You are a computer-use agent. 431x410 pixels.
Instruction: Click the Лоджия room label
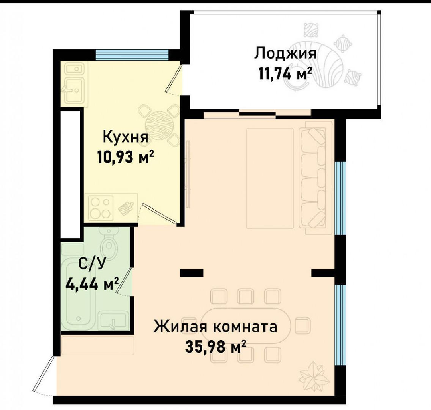pyautogui.click(x=285, y=53)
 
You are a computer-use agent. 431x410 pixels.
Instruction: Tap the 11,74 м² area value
pyautogui.click(x=285, y=73)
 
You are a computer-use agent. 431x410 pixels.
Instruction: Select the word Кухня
pyautogui.click(x=125, y=137)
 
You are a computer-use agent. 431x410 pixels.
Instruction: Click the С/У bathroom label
pyautogui.click(x=92, y=264)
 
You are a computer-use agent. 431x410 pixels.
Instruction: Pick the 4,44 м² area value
pyautogui.click(x=92, y=284)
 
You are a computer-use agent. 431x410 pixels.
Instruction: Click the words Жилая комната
pyautogui.click(x=215, y=327)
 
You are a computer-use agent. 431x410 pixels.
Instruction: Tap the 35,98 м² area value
pyautogui.click(x=215, y=347)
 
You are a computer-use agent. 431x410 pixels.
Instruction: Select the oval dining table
pyautogui.click(x=246, y=325)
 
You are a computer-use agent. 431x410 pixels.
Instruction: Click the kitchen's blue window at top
pyautogui.click(x=132, y=54)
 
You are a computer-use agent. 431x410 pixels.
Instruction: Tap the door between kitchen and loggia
pyautogui.click(x=174, y=79)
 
